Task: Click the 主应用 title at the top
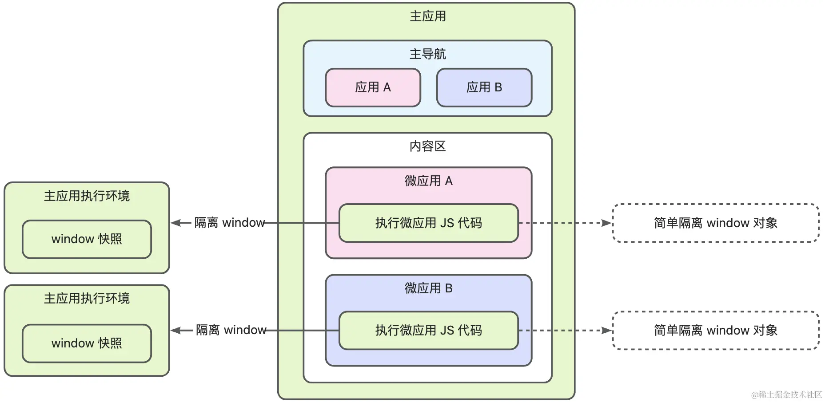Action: point(427,16)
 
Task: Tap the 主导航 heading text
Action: point(427,54)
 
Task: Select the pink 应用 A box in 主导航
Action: point(373,87)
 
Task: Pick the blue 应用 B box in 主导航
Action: point(484,87)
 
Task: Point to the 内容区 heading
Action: point(427,146)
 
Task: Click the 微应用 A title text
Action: point(428,181)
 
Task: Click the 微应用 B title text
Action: point(428,288)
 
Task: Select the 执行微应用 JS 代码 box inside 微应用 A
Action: point(428,223)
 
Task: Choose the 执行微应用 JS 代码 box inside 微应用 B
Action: point(428,330)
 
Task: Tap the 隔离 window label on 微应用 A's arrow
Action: point(230,223)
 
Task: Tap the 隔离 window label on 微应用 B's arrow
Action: point(231,330)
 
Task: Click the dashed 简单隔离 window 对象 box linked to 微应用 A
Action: point(715,223)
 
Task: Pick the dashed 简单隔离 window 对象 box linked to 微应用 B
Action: point(715,330)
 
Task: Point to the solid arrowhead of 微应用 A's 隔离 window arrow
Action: point(175,223)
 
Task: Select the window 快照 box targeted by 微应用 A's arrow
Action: point(87,239)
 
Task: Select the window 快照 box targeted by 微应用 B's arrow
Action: point(87,343)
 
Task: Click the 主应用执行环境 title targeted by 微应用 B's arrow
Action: point(87,299)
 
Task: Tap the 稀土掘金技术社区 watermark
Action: point(786,394)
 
